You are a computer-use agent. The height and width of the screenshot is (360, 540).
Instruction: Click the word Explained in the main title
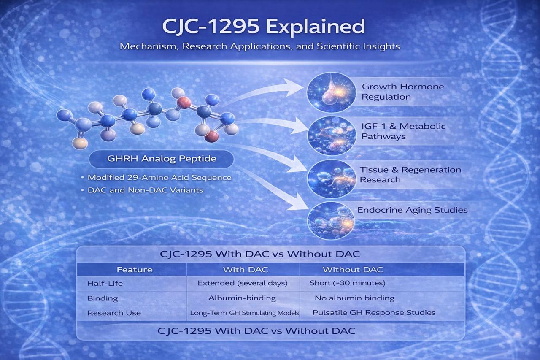pos(316,27)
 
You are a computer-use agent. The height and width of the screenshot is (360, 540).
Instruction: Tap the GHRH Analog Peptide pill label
pos(161,159)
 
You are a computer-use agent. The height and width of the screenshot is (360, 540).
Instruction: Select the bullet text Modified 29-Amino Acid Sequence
pos(159,178)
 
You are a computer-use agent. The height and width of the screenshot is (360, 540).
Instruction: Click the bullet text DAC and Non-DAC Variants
pos(145,190)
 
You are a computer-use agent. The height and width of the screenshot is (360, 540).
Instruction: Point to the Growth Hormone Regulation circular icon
pos(331,92)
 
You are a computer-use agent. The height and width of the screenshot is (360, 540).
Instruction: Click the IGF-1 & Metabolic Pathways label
pos(403,131)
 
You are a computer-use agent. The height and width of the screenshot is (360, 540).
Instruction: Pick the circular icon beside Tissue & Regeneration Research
pos(332,179)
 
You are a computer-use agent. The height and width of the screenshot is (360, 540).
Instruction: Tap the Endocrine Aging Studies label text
pos(412,210)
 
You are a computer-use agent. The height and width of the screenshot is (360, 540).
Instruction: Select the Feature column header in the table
pos(135,270)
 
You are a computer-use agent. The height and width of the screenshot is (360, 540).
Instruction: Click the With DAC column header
pos(246,270)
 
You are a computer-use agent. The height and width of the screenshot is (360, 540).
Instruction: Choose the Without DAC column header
pos(353,270)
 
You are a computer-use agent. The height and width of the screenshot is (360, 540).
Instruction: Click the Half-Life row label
pos(105,283)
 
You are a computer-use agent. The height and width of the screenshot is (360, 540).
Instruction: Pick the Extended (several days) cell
pos(243,283)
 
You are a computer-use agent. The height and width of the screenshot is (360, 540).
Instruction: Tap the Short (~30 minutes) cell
pos(347,283)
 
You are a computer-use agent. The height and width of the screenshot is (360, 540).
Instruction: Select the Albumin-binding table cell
pos(242,298)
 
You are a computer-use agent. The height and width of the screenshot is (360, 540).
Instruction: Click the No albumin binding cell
pos(355,298)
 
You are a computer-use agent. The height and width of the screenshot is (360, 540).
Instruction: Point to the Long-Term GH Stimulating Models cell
pos(244,313)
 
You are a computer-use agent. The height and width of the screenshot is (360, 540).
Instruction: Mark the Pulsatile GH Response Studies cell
pos(374,313)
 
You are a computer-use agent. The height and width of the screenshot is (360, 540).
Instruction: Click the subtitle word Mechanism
pos(149,46)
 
